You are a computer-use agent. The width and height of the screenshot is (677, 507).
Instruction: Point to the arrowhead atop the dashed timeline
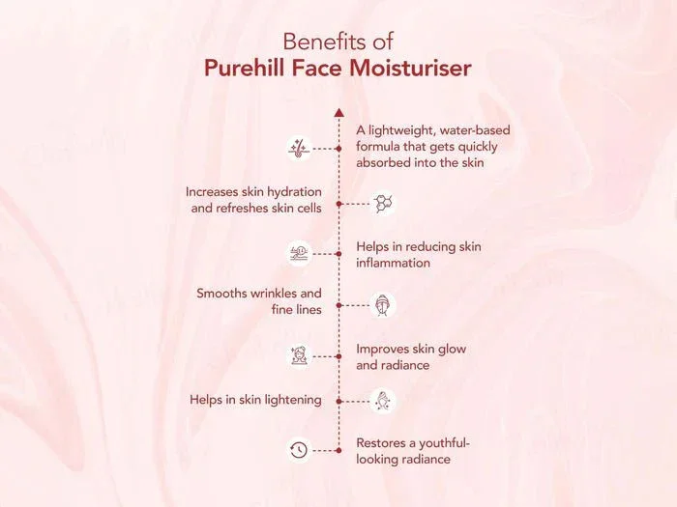[338, 113]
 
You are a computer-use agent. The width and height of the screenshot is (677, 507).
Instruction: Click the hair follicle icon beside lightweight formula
[299, 149]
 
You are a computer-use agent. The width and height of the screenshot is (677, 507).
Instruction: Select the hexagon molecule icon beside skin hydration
[383, 204]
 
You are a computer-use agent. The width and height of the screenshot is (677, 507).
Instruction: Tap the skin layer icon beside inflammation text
[299, 253]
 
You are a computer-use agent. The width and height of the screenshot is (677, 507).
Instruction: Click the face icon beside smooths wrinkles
[383, 305]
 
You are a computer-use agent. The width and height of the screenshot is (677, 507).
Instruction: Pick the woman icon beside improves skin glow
[299, 356]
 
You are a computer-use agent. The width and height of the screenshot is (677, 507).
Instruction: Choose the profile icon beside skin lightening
[383, 401]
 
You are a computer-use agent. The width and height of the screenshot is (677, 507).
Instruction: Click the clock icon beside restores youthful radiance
[299, 451]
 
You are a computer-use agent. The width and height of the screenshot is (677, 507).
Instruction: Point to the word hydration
[294, 192]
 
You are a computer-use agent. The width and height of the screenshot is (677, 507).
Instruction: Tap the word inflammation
[393, 263]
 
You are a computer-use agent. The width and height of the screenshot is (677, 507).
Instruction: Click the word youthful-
[444, 443]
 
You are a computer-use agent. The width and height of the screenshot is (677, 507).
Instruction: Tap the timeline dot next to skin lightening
[338, 402]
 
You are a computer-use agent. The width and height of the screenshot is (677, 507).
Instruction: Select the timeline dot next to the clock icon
[338, 451]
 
